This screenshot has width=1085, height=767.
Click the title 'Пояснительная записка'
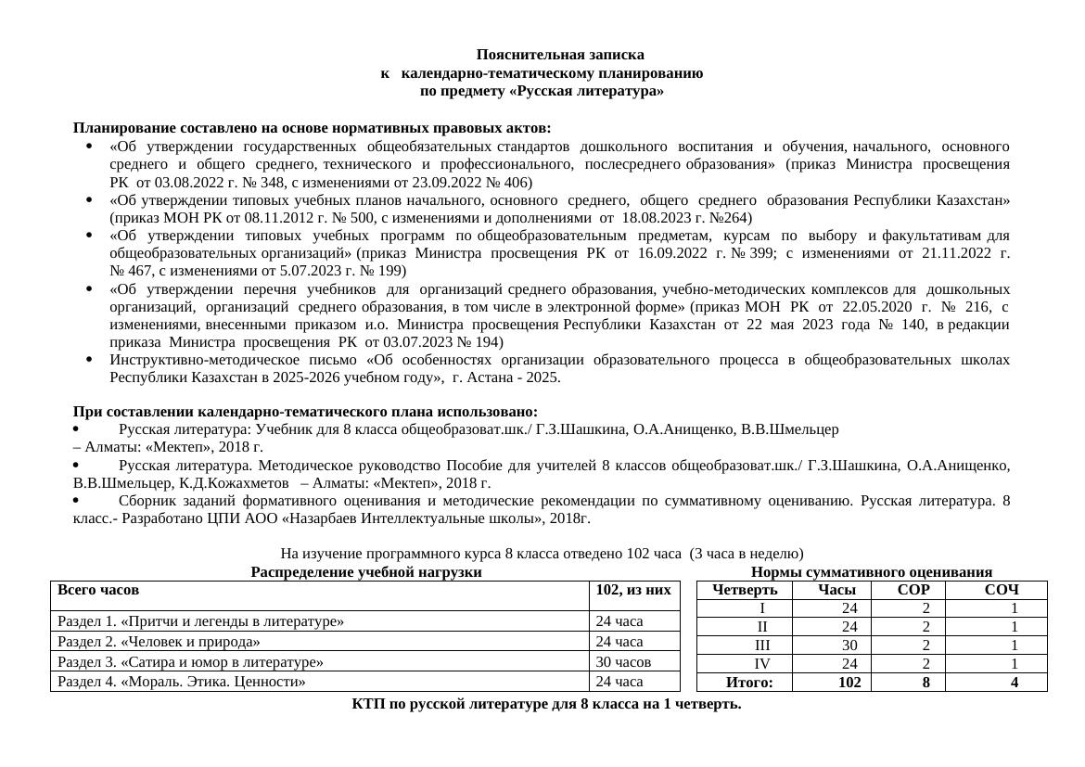(x=560, y=55)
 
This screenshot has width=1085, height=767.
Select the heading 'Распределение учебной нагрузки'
(x=365, y=572)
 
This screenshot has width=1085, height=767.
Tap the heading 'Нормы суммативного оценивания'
(x=871, y=572)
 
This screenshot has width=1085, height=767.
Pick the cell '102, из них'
(x=633, y=590)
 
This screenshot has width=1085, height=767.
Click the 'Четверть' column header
(x=745, y=590)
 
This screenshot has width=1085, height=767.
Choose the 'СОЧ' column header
(x=1002, y=590)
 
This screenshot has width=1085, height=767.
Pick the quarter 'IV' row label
(x=761, y=664)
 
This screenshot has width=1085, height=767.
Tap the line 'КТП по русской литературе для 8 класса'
(x=546, y=704)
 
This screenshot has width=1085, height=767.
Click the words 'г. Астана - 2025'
(x=506, y=377)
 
